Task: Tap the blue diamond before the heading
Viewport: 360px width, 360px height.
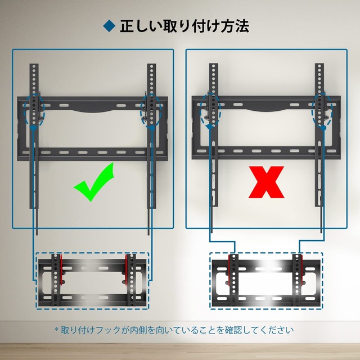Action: click(109, 26)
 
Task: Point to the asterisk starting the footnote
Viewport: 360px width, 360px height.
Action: click(56, 330)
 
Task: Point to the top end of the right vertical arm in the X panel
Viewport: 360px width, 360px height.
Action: click(319, 66)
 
